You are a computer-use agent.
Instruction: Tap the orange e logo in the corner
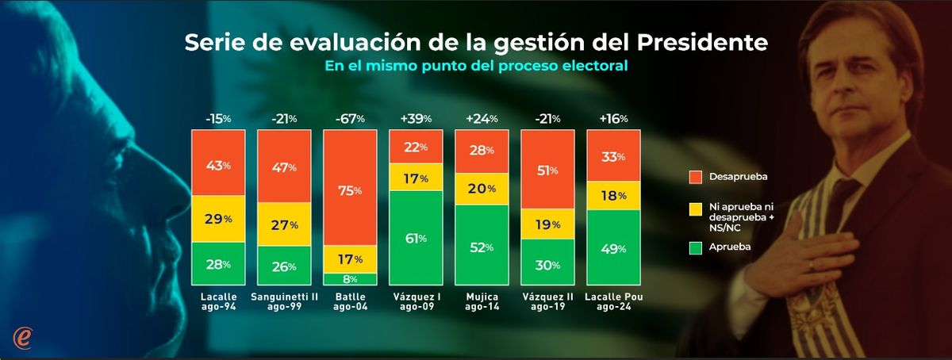tap(23, 336)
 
